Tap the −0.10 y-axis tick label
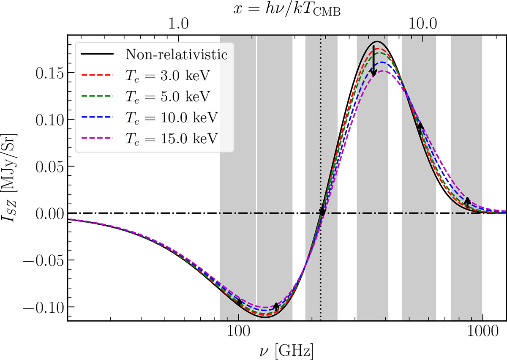point(42,307)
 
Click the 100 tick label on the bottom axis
point(239,333)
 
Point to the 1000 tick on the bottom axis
point(482,333)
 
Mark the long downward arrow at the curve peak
point(373,61)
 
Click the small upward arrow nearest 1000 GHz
point(467,202)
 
